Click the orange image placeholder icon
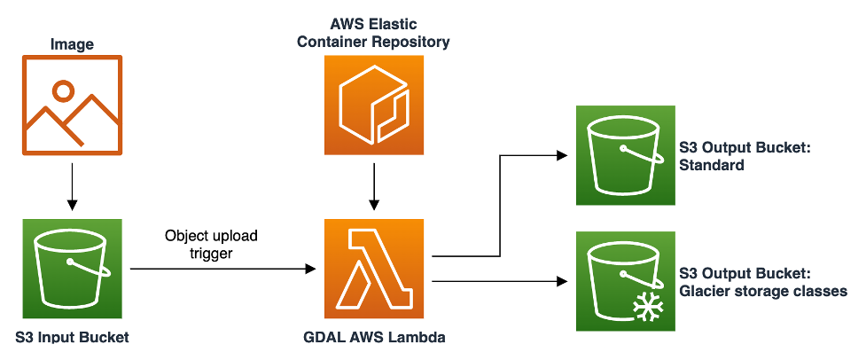[72, 106]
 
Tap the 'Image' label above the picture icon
[72, 43]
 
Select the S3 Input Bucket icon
[72, 270]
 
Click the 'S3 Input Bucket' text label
[72, 337]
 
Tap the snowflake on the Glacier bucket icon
[646, 307]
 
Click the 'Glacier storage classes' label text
[761, 291]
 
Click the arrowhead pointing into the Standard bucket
[562, 155]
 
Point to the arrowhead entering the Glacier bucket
[562, 282]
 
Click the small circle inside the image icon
[62, 90]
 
